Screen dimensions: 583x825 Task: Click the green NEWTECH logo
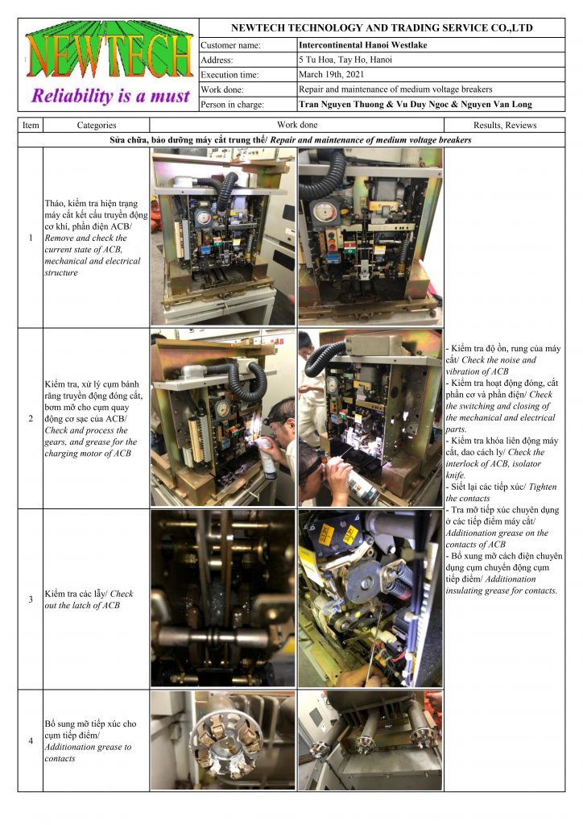(x=110, y=49)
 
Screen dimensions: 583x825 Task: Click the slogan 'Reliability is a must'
(x=110, y=96)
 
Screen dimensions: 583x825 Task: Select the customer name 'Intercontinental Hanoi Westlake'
(x=362, y=45)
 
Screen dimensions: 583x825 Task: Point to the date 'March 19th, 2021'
(x=331, y=74)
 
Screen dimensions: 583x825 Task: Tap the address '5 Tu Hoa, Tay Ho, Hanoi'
(x=345, y=60)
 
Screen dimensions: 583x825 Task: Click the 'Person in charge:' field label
(x=232, y=104)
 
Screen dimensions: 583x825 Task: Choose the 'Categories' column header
(x=96, y=125)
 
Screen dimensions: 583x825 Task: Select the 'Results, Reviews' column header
(x=505, y=125)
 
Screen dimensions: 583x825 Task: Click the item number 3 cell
(x=31, y=599)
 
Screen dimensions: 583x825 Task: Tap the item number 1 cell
(x=31, y=238)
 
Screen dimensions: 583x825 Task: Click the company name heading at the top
(x=382, y=28)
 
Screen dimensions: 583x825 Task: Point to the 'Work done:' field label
(x=221, y=89)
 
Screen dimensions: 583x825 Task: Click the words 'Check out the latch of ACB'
(x=89, y=599)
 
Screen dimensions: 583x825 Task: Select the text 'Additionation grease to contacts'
(x=88, y=752)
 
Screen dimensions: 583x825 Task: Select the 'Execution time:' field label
(x=229, y=75)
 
